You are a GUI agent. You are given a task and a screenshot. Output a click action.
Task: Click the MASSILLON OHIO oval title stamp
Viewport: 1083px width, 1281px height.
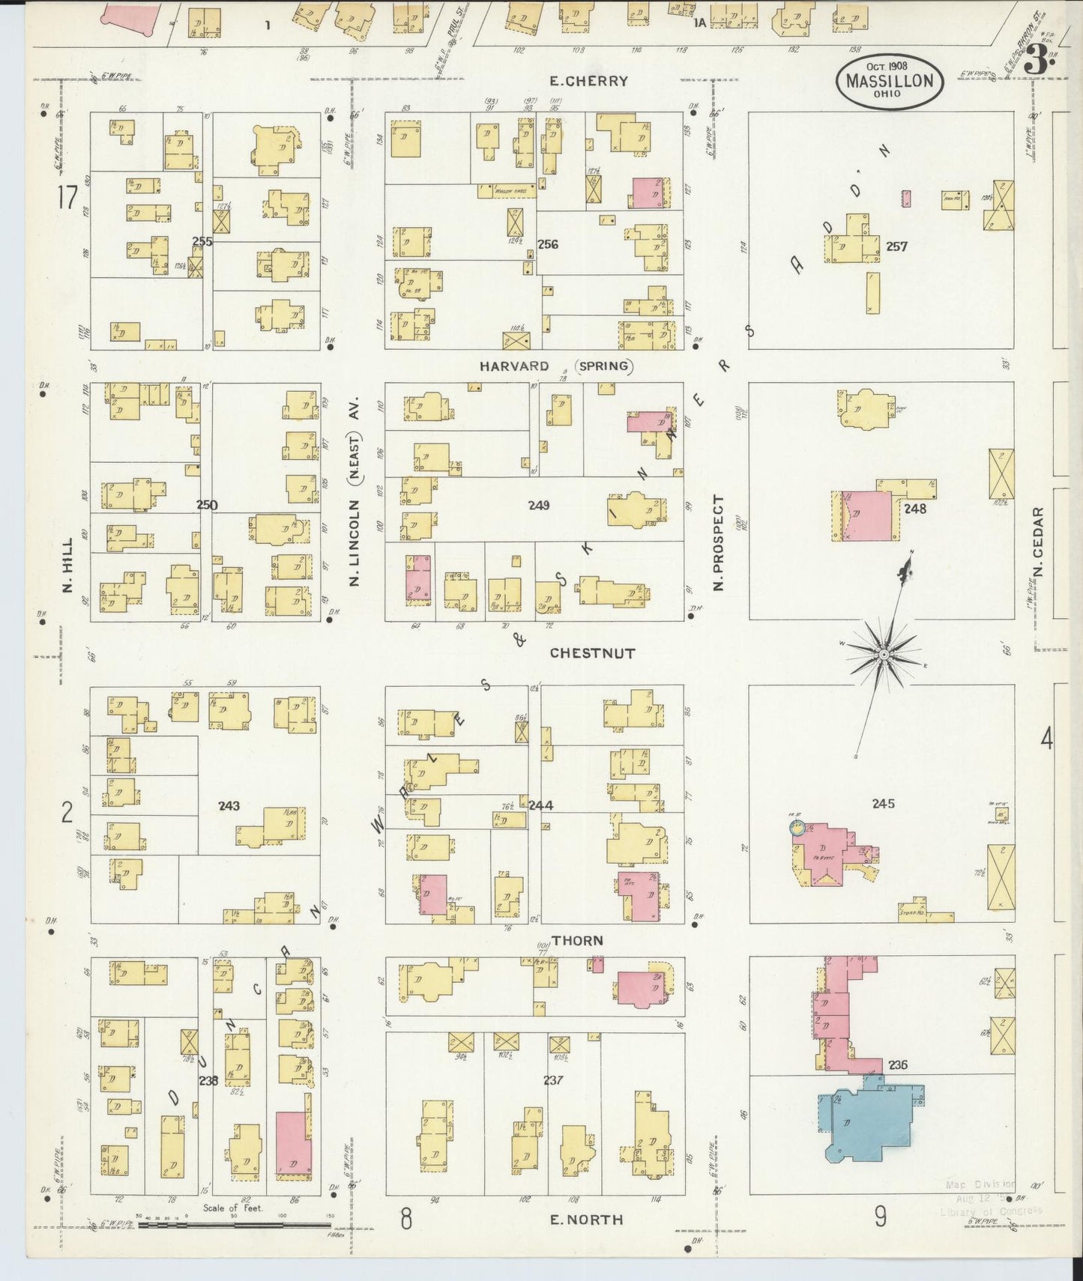pyautogui.click(x=890, y=82)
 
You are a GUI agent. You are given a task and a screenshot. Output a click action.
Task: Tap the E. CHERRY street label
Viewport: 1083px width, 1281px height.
pyautogui.click(x=588, y=80)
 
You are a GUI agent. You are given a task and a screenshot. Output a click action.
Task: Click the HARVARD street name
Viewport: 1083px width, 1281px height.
pyautogui.click(x=514, y=366)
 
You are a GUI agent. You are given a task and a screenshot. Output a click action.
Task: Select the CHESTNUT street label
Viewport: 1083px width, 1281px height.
pyautogui.click(x=592, y=653)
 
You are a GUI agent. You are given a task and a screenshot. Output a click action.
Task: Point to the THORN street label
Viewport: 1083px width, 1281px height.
pyautogui.click(x=577, y=940)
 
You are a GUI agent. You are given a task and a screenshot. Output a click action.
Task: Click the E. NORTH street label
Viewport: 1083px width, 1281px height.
pyautogui.click(x=586, y=1219)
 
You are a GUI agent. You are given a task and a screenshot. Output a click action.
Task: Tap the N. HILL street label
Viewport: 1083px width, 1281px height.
pyautogui.click(x=67, y=566)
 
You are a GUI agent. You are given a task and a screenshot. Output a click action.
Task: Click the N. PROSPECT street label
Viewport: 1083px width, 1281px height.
pyautogui.click(x=718, y=542)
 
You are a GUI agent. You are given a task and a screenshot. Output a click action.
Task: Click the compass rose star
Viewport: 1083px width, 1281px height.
pyautogui.click(x=884, y=655)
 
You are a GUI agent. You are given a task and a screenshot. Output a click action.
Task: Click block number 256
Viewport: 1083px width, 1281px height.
pyautogui.click(x=548, y=244)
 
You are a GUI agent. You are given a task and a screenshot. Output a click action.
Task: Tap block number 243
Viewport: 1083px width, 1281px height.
pyautogui.click(x=229, y=805)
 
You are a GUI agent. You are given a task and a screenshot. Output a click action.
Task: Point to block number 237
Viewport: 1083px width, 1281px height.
pyautogui.click(x=553, y=1079)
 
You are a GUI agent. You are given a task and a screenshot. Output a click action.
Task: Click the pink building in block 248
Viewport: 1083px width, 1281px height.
pyautogui.click(x=868, y=515)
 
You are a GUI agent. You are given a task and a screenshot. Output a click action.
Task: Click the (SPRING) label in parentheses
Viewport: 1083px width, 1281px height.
pyautogui.click(x=604, y=366)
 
